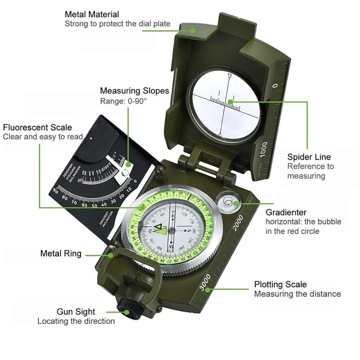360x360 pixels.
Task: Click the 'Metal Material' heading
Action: [92, 15]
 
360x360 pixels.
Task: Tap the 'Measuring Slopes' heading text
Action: [134, 91]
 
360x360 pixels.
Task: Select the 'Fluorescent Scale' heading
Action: [37, 127]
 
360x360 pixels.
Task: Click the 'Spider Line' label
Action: [309, 157]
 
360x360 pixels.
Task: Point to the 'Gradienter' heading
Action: [286, 212]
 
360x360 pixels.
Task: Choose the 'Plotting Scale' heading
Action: [280, 284]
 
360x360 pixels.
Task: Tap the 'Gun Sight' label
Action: [76, 312]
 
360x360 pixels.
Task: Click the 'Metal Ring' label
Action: [61, 253]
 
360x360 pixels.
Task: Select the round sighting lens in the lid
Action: [225, 104]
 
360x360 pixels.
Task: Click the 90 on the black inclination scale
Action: [55, 190]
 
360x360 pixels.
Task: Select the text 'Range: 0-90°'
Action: [123, 101]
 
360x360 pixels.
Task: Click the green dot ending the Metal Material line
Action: [193, 31]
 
